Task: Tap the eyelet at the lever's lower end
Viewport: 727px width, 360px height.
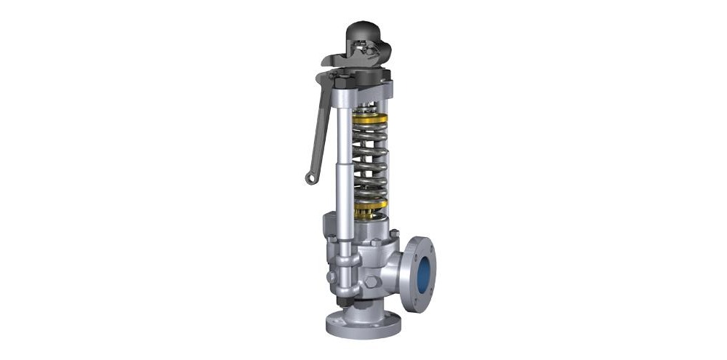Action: point(310,177)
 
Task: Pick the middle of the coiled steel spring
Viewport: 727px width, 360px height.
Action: point(369,163)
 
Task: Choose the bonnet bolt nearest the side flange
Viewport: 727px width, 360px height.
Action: point(393,233)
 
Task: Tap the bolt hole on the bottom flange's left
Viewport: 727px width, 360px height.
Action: point(332,320)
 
